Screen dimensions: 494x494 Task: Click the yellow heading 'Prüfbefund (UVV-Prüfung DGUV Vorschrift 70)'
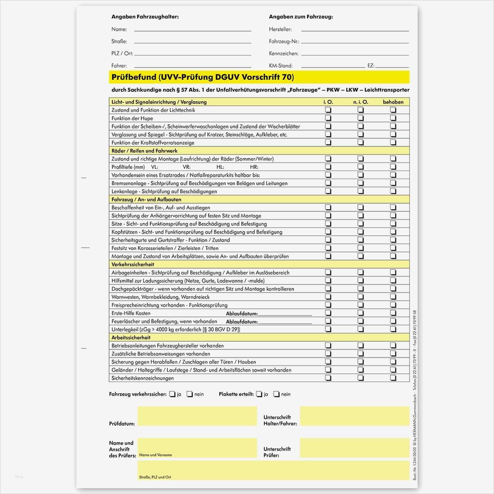pos(203,77)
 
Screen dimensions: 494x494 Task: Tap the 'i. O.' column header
pos(328,102)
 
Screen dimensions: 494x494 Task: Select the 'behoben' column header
pos(393,102)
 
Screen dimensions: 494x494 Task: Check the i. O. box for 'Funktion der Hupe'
pos(328,118)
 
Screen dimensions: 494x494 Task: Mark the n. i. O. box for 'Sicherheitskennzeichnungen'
pos(360,378)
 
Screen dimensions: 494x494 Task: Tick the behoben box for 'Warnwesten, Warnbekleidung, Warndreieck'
pos(393,297)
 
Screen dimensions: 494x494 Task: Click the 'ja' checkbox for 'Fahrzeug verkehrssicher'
pos(172,394)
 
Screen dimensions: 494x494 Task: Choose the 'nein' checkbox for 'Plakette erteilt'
pos(276,394)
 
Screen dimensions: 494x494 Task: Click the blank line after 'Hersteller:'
pos(355,29)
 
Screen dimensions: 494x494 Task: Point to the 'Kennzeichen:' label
pos(284,54)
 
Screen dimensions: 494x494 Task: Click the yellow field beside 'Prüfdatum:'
pos(197,416)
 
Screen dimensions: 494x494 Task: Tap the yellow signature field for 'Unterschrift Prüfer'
pos(354,448)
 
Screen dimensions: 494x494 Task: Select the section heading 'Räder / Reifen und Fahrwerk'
pos(144,151)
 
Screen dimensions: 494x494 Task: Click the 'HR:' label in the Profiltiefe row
pos(254,167)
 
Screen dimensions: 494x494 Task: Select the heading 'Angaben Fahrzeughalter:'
pos(145,17)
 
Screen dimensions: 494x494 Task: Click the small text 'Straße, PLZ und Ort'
pos(155,477)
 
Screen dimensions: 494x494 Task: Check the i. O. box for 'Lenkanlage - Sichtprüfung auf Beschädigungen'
pos(328,191)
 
